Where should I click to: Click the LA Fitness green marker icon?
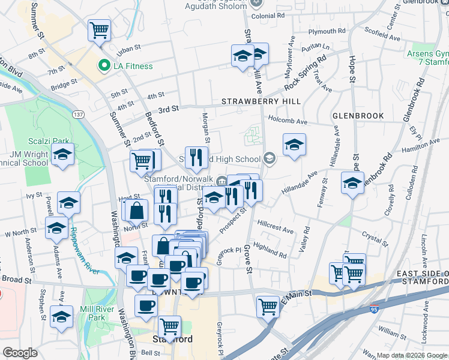click(x=104, y=66)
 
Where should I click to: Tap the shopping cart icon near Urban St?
click(x=99, y=30)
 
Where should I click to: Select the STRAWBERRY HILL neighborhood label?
click(x=261, y=101)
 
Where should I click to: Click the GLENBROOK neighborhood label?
click(x=354, y=114)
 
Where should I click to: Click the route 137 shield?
click(x=78, y=114)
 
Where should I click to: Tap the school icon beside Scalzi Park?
click(x=62, y=154)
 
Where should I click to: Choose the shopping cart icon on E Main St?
click(x=268, y=306)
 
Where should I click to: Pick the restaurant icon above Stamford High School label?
click(x=196, y=158)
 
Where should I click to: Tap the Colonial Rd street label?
click(x=268, y=16)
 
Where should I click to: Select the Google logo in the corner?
click(x=20, y=352)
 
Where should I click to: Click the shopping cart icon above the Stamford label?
click(x=170, y=327)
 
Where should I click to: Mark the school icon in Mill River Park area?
click(x=61, y=317)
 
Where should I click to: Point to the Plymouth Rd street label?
click(x=327, y=31)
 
